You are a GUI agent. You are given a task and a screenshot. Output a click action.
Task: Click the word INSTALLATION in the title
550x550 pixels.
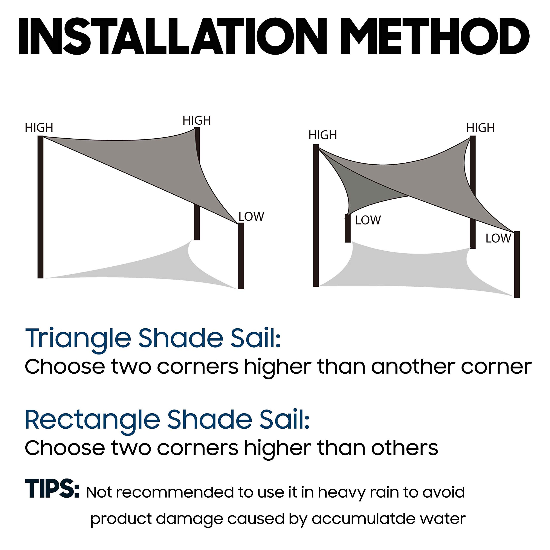[173, 37]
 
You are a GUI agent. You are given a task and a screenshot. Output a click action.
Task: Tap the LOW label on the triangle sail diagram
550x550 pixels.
[251, 217]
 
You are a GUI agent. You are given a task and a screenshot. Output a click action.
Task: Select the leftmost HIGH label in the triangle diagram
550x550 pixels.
[39, 128]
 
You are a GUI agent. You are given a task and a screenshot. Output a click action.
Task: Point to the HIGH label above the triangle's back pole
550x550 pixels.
[197, 121]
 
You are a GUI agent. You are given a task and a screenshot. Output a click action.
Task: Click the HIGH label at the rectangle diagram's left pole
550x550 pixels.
[322, 135]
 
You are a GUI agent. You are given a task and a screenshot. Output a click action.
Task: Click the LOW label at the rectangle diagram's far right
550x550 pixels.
[498, 238]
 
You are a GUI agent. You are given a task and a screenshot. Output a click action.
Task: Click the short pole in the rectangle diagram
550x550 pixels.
[347, 229]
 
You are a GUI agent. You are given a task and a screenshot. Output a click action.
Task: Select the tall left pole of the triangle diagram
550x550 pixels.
[40, 208]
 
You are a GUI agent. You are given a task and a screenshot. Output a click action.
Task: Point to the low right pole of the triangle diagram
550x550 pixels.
[241, 256]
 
